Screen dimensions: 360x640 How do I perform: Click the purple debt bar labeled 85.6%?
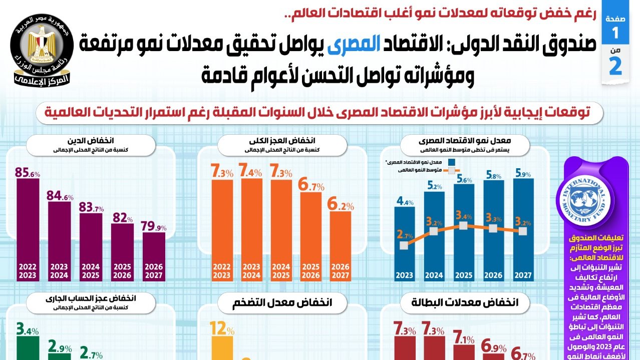[x=28, y=225]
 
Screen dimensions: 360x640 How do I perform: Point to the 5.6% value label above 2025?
[x=464, y=180]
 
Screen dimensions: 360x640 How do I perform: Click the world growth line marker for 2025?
[x=464, y=226]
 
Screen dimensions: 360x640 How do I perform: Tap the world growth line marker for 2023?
[x=405, y=245]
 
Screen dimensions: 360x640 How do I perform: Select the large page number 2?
[x=615, y=67]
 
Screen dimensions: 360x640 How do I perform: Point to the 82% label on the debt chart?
[x=122, y=218]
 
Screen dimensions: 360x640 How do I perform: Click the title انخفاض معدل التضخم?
[x=282, y=302]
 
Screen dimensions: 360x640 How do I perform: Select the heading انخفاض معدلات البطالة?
[x=464, y=302]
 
